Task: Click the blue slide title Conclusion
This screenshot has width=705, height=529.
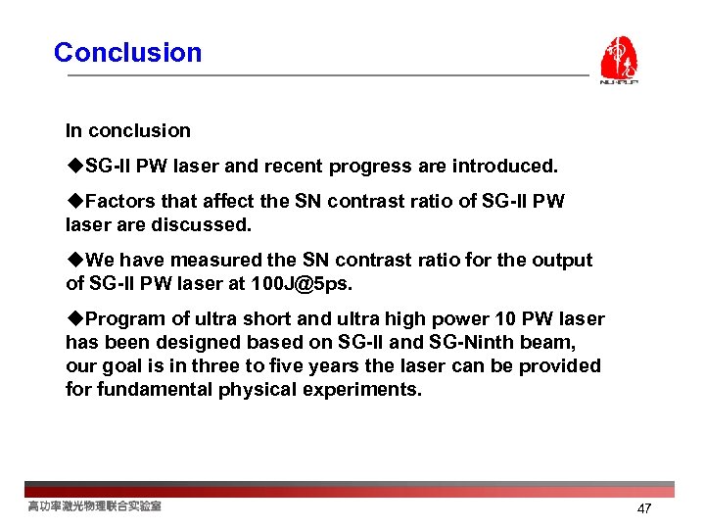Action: [x=127, y=53]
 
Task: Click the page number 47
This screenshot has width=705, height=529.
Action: [x=643, y=508]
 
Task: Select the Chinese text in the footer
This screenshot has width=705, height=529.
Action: [x=94, y=506]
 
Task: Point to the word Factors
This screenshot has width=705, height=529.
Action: [x=121, y=202]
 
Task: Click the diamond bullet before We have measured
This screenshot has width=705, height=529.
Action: [x=74, y=261]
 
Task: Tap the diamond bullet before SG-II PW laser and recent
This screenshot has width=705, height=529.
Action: [x=74, y=167]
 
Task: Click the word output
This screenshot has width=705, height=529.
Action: [x=561, y=261]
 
